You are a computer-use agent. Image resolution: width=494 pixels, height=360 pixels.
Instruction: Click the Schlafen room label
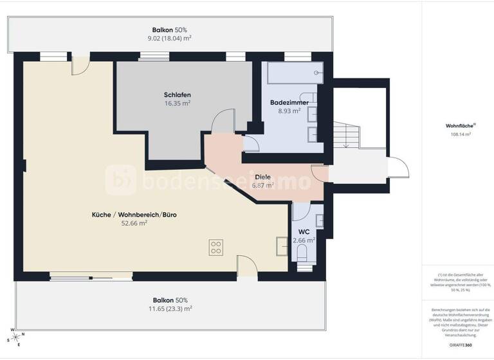pyautogui.click(x=178, y=94)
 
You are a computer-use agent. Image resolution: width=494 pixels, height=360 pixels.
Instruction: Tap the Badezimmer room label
pyautogui.click(x=289, y=102)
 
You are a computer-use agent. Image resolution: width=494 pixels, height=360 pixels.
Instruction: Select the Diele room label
pyautogui.click(x=262, y=177)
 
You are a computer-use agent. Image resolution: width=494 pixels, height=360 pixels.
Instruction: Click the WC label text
pyautogui.click(x=304, y=232)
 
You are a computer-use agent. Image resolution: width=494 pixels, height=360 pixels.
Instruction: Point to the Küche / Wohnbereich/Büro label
pyautogui.click(x=134, y=215)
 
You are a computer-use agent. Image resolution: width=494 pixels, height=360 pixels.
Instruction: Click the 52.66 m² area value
pyautogui.click(x=134, y=224)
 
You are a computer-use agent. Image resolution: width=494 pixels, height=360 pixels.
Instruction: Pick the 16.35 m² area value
pyautogui.click(x=178, y=103)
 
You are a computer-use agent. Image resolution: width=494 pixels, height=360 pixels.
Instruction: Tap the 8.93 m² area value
pyautogui.click(x=289, y=111)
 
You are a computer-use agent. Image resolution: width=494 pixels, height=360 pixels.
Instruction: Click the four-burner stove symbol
pyautogui.click(x=216, y=248)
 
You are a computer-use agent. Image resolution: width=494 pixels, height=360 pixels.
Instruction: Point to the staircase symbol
pyautogui.click(x=348, y=136)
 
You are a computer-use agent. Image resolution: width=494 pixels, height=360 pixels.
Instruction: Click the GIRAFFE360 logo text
pyautogui.click(x=458, y=345)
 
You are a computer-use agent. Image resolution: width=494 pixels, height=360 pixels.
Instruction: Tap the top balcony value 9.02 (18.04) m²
pyautogui.click(x=169, y=38)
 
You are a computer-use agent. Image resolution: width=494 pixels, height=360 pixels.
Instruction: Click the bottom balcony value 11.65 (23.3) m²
pyautogui.click(x=170, y=309)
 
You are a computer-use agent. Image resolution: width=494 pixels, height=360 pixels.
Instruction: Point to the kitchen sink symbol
pyautogui.click(x=282, y=246)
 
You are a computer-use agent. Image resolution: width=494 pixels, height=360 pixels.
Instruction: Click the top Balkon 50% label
pyautogui.click(x=169, y=30)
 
